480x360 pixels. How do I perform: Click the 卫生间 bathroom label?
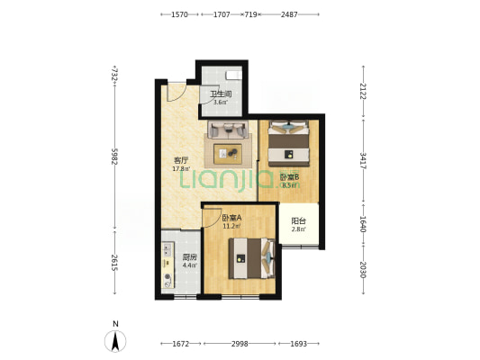[x=221, y=94]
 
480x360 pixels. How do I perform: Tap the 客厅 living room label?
[x=181, y=160]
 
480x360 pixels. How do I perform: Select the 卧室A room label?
[x=231, y=218]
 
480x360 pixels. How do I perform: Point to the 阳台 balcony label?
[x=298, y=220]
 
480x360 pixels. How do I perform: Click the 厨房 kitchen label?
[x=189, y=257]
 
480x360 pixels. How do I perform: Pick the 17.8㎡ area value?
[x=181, y=169]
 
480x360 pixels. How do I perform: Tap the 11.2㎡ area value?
[x=231, y=227]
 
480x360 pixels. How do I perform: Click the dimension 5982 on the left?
[x=114, y=157]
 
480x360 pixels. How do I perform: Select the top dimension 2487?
[x=289, y=14]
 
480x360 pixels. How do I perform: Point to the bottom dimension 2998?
[x=240, y=344]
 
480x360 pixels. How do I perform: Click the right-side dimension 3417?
[x=363, y=160]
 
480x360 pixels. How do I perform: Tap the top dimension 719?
[x=250, y=14]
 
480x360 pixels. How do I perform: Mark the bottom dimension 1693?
[x=298, y=344]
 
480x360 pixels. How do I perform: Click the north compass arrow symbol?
[x=115, y=342]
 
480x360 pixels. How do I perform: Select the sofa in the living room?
[x=228, y=130]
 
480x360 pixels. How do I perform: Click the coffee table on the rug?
[x=228, y=154]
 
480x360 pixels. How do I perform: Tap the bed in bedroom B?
[x=288, y=143]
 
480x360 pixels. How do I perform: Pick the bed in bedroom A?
[x=252, y=258]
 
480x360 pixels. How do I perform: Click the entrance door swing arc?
[x=177, y=94]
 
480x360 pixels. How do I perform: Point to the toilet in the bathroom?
[x=233, y=75]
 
